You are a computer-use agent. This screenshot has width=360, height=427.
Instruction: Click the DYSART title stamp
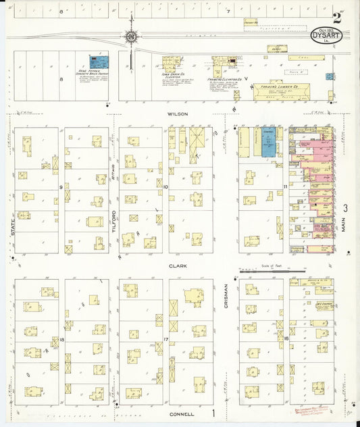[x=326, y=35]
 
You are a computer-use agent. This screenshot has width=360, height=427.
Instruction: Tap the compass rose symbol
[x=130, y=36]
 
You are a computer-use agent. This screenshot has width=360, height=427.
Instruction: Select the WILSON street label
[x=178, y=114]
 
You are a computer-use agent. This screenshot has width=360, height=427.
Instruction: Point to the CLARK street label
[x=178, y=266]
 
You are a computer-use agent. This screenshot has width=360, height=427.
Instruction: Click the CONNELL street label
[x=182, y=413]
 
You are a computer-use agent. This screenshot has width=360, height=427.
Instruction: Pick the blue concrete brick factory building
[x=97, y=62]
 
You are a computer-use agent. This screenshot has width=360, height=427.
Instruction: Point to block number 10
[x=165, y=186]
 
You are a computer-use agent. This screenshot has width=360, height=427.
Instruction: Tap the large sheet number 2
[x=336, y=18]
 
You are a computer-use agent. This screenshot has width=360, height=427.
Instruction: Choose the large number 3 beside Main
[x=344, y=208]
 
